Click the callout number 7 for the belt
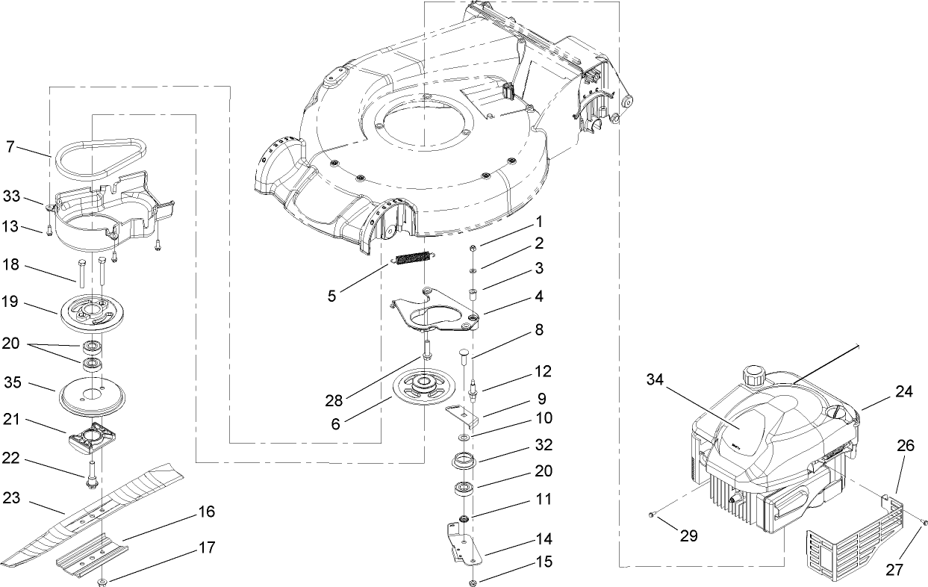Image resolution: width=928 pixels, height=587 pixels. pyautogui.click(x=10, y=147)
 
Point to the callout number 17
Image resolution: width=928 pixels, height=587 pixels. pyautogui.click(x=208, y=548)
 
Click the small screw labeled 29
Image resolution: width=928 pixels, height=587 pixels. pyautogui.click(x=652, y=515)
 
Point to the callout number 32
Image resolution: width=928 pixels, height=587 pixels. pyautogui.click(x=544, y=445)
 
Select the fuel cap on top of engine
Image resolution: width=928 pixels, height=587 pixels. pyautogui.click(x=750, y=373)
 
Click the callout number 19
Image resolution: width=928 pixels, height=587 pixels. pyautogui.click(x=11, y=304)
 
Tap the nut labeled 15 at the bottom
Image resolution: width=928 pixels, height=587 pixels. pyautogui.click(x=473, y=583)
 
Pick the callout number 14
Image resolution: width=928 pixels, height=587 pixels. pyautogui.click(x=544, y=539)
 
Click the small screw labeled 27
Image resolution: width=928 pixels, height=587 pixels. pyautogui.click(x=924, y=522)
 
